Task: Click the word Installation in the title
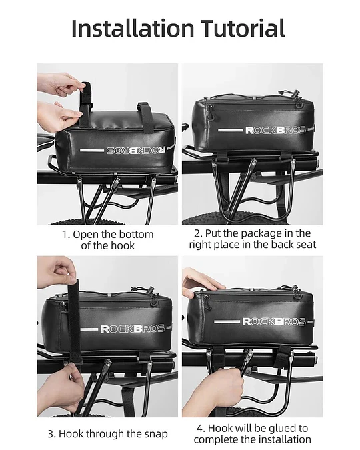(x=133, y=28)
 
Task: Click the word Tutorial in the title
(x=243, y=28)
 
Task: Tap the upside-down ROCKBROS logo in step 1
(x=136, y=150)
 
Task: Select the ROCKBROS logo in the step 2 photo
(x=275, y=131)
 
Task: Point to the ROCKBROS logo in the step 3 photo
(x=133, y=329)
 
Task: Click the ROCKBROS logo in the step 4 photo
(x=274, y=322)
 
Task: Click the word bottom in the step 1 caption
(x=137, y=235)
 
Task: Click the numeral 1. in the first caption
(x=66, y=235)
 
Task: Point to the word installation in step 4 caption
(x=283, y=440)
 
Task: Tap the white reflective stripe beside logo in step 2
(x=230, y=130)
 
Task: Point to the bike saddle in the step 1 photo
(x=45, y=142)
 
